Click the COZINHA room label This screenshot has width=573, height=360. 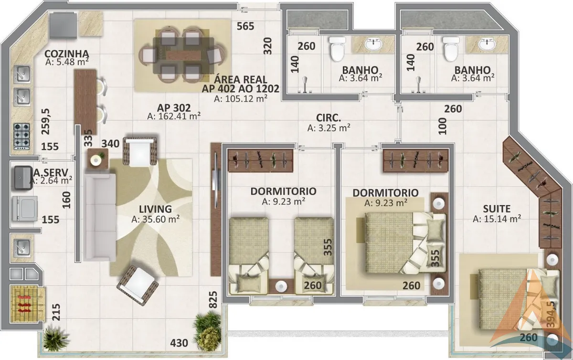click(67, 54)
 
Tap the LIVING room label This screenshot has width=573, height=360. click(155, 209)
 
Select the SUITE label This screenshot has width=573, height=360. click(497, 209)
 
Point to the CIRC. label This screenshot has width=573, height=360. click(329, 118)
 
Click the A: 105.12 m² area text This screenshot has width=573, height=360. click(241, 98)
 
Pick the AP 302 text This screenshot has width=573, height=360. click(174, 108)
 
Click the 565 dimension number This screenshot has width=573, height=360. click(245, 26)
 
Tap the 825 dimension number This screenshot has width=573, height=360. click(213, 300)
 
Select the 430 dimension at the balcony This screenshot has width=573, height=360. click(179, 343)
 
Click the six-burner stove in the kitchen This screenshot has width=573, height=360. click(22, 137)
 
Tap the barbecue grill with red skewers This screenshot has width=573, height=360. click(24, 305)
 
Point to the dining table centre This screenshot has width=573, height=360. click(183, 55)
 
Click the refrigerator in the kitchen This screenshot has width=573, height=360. click(63, 25)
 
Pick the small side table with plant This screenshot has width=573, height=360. click(98, 159)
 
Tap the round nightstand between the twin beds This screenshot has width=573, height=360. click(281, 286)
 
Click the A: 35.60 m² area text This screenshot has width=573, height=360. click(155, 219)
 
